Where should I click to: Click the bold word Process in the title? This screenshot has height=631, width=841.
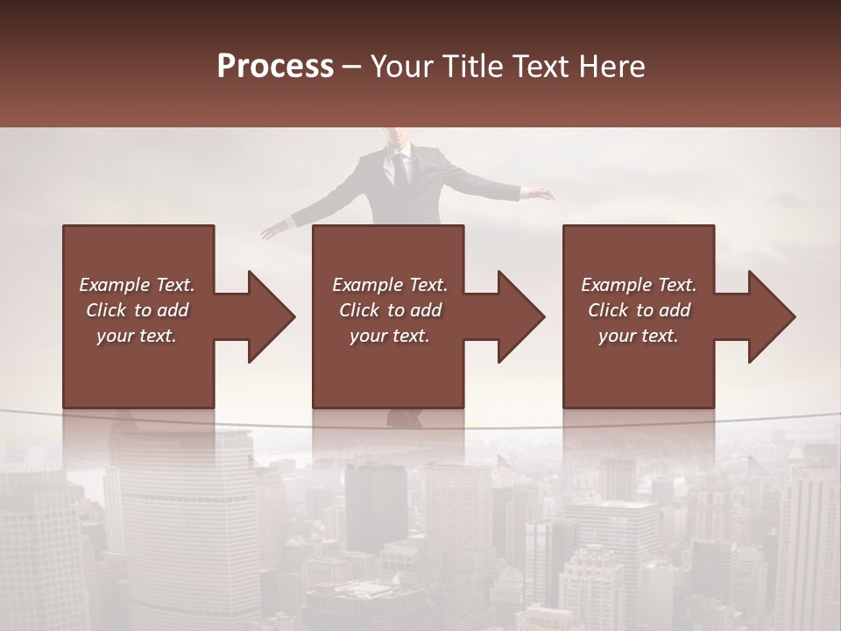tap(275, 67)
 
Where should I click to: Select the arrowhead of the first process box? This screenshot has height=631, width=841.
tap(270, 316)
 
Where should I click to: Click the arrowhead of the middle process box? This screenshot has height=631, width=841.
tap(519, 316)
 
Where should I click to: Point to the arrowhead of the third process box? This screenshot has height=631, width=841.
tap(770, 316)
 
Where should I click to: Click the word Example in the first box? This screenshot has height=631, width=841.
tap(114, 285)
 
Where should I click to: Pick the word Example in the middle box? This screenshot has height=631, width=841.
tap(367, 285)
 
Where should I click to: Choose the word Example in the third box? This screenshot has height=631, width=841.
tap(616, 285)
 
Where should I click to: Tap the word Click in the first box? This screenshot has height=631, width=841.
tap(107, 310)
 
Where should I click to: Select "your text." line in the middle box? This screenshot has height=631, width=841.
tap(389, 336)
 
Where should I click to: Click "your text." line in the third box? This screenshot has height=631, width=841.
tap(638, 336)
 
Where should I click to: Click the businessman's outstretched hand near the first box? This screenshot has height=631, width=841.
tap(273, 231)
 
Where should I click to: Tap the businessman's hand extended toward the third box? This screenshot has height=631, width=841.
tap(545, 195)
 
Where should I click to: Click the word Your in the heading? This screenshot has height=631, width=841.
tap(401, 67)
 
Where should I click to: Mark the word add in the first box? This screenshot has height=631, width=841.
tap(173, 310)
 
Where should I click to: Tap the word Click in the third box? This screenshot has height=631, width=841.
tap(609, 310)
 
